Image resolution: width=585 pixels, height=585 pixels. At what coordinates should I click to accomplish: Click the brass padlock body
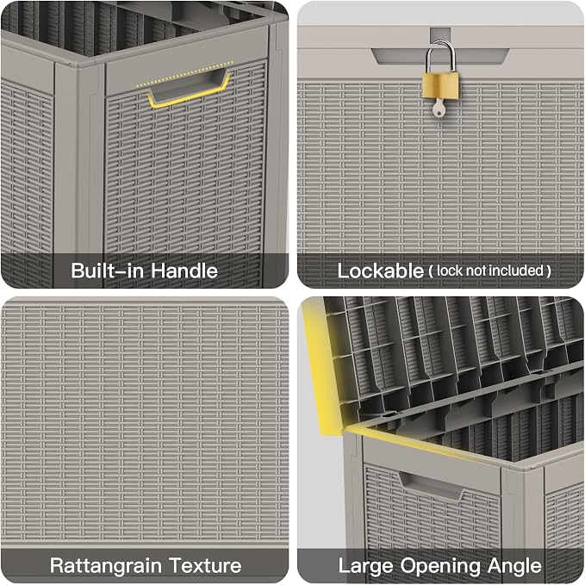tap(440, 86)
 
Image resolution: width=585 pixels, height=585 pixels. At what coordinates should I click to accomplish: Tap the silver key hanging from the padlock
tap(439, 109)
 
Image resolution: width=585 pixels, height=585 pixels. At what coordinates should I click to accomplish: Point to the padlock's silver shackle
tap(440, 56)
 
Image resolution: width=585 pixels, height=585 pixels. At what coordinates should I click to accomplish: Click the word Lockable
tap(381, 271)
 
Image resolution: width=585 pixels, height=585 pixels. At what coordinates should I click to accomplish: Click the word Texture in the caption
tap(205, 565)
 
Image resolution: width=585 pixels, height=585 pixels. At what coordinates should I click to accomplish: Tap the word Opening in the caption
tap(440, 566)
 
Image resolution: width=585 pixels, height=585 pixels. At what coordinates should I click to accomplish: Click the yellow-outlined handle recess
tap(189, 90)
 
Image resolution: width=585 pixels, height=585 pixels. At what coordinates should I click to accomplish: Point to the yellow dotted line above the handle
tap(184, 74)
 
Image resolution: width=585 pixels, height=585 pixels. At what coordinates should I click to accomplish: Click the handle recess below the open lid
tap(432, 485)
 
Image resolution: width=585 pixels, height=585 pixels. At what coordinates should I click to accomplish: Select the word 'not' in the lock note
tap(473, 271)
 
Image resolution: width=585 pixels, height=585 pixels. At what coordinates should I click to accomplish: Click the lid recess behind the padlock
tap(440, 56)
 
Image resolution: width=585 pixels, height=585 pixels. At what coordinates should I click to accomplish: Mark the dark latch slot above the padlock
tap(440, 34)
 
